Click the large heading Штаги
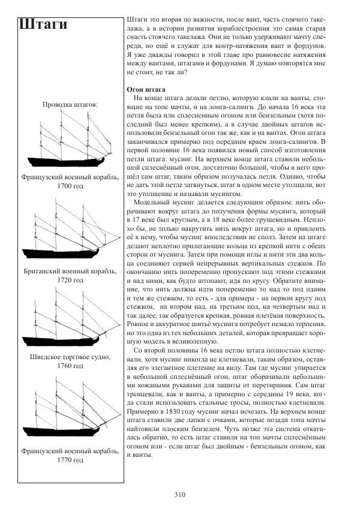point(43,25)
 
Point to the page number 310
point(179,495)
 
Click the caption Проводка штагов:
point(71,105)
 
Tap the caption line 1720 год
point(71,281)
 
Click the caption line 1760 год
point(71,366)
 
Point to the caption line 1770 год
point(71,460)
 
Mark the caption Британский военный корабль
point(71,272)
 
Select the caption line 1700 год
point(71,187)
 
